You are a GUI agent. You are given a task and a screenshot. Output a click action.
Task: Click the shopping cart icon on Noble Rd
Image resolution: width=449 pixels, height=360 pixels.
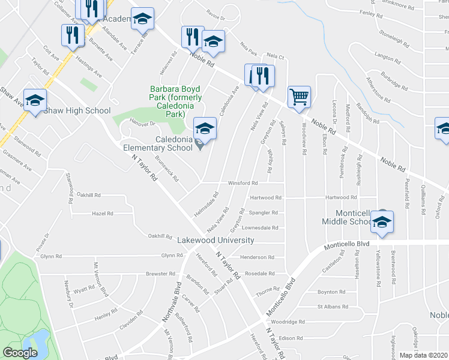pyautogui.click(x=299, y=97)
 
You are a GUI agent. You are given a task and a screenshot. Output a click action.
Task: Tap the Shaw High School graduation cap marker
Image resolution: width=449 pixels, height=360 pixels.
pyautogui.click(x=35, y=100)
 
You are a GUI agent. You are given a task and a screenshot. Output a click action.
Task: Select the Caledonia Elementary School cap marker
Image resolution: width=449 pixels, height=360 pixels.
pyautogui.click(x=204, y=129)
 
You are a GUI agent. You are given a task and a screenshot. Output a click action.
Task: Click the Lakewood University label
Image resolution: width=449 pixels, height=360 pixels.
pyautogui.click(x=215, y=240)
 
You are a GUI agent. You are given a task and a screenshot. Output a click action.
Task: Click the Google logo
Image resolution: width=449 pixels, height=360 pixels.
pyautogui.click(x=20, y=353)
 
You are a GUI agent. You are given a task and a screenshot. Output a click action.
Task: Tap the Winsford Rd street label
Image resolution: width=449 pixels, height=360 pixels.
pyautogui.click(x=243, y=183)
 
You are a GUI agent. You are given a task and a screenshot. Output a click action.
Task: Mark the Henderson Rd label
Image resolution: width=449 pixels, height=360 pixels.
pyautogui.click(x=257, y=257)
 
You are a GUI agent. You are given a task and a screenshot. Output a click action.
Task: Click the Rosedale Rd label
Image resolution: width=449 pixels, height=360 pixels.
pyautogui.click(x=260, y=273)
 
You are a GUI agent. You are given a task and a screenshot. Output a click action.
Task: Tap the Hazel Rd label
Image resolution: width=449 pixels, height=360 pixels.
pyautogui.click(x=103, y=213)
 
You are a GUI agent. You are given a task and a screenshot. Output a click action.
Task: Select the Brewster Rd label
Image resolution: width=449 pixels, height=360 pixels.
pyautogui.click(x=160, y=274)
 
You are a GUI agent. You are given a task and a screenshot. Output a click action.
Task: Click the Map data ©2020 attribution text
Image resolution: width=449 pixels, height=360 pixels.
pyautogui.click(x=424, y=355)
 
